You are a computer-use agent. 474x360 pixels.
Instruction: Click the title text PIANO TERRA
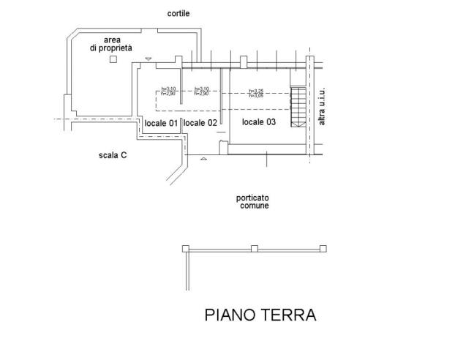[260, 315]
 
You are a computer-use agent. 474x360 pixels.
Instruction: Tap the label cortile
[178, 14]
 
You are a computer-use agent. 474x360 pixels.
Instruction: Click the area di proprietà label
[111, 43]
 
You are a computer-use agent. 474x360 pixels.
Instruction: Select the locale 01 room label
[161, 123]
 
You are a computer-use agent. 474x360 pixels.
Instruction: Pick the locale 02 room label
[200, 123]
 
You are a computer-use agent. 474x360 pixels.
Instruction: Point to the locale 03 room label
[259, 122]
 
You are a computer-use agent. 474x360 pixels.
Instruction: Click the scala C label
[113, 155]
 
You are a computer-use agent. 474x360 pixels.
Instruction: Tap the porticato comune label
[252, 202]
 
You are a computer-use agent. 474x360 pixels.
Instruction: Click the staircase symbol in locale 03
[297, 106]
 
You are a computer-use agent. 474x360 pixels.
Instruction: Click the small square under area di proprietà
[111, 60]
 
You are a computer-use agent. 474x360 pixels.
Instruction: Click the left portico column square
[186, 249]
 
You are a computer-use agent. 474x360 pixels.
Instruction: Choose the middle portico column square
[254, 249]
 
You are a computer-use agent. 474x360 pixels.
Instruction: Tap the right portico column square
[322, 249]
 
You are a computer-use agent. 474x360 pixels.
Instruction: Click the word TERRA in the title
[290, 315]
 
